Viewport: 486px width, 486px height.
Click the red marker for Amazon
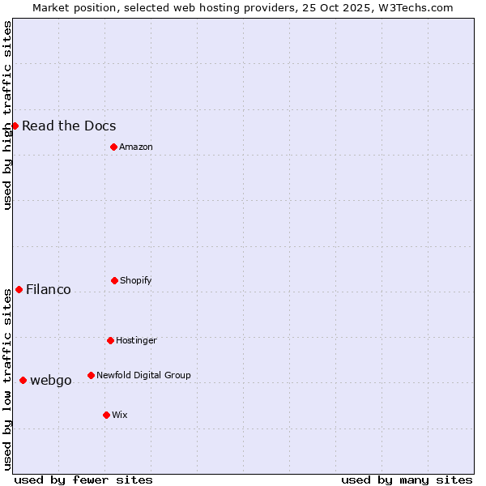[x=113, y=147]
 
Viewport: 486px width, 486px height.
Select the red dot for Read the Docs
[x=15, y=126]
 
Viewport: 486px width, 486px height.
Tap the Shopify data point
[x=114, y=280]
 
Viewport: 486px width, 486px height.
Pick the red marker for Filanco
[x=19, y=289]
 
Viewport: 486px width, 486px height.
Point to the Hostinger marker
[x=110, y=340]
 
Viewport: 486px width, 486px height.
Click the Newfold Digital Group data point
[x=91, y=375]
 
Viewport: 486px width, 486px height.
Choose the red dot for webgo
[x=23, y=380]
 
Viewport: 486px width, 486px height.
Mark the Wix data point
[x=106, y=415]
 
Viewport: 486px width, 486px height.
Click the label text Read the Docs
[x=69, y=126]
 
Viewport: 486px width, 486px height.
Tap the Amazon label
[x=136, y=147]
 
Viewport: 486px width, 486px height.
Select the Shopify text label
[x=136, y=280]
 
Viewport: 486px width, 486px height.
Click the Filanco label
[x=49, y=289]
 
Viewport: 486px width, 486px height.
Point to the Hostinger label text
[x=136, y=340]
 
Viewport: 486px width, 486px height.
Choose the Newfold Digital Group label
[x=143, y=375]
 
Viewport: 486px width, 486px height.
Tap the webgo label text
[x=51, y=380]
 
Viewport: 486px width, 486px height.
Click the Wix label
[x=120, y=415]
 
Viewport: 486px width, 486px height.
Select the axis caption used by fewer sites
[x=83, y=480]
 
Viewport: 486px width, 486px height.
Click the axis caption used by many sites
[x=407, y=480]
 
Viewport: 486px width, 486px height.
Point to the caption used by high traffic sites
[x=7, y=115]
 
